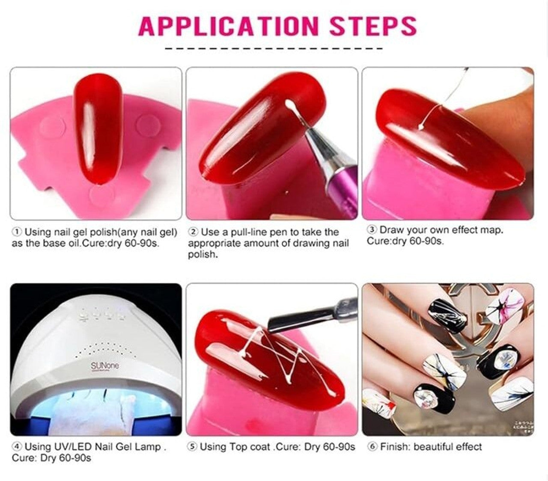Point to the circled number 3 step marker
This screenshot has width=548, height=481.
point(372,230)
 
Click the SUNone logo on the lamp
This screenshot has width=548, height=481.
point(105,366)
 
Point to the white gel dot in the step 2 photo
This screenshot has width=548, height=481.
point(289,103)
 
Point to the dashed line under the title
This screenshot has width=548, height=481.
point(274,49)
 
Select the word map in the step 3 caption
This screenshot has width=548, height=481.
point(491,231)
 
